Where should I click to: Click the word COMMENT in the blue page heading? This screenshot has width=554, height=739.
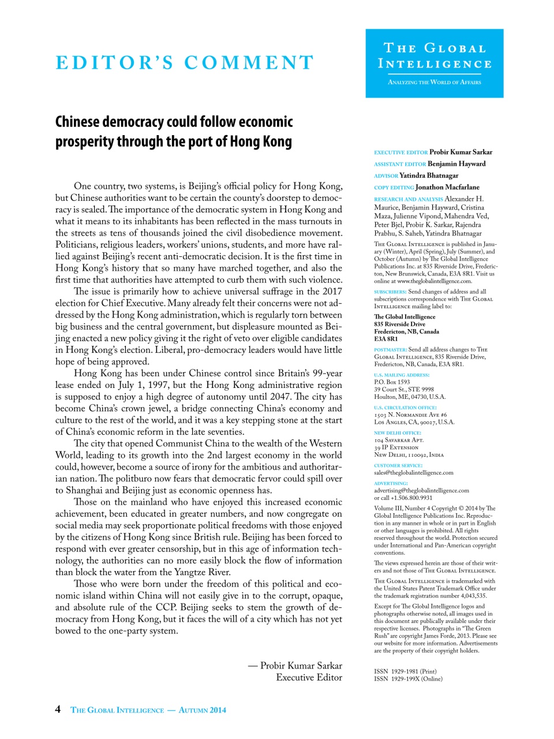[x=249, y=62]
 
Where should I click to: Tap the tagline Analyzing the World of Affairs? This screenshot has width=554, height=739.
[x=434, y=82]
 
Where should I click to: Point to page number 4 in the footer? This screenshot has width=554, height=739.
[x=58, y=709]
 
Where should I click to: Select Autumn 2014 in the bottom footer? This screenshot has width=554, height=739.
[x=202, y=710]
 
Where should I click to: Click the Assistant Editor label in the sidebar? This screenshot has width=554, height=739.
[x=400, y=164]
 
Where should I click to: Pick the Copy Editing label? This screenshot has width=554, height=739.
[x=394, y=188]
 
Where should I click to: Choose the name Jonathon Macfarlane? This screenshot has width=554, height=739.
[x=447, y=187]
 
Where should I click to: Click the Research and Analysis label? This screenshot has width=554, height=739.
[x=409, y=199]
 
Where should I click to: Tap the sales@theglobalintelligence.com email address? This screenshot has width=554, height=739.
[x=413, y=472]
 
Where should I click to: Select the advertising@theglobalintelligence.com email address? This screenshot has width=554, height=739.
[x=421, y=490]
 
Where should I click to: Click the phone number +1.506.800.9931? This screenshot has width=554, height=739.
[x=411, y=498]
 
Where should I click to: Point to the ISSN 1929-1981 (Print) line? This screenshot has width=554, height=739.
[x=405, y=671]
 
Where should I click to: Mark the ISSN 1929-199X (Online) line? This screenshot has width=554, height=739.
[x=408, y=679]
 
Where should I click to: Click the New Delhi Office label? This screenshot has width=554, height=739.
[x=398, y=432]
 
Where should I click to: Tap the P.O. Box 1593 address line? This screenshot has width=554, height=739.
[x=392, y=382]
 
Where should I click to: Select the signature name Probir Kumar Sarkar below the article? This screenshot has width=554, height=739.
[x=301, y=666]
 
